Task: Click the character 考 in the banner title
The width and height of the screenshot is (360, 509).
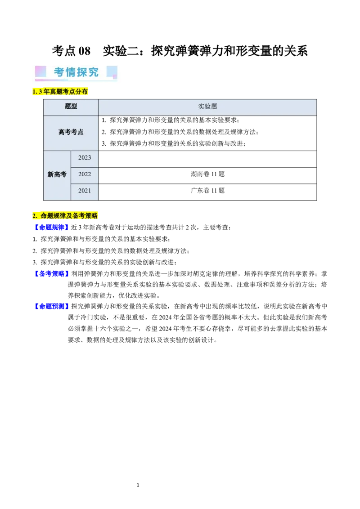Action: click(x=59, y=72)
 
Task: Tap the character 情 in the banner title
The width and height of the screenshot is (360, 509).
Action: click(x=71, y=72)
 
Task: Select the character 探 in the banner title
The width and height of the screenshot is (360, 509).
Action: click(x=82, y=72)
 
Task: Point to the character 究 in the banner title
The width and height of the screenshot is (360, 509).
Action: click(x=94, y=72)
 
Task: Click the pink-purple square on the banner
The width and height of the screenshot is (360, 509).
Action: click(x=40, y=71)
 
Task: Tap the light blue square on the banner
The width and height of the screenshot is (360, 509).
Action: click(x=112, y=72)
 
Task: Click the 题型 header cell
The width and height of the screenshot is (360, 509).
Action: click(x=71, y=107)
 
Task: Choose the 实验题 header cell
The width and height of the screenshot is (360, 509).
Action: click(x=207, y=107)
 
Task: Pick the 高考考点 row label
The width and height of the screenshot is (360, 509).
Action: click(x=71, y=133)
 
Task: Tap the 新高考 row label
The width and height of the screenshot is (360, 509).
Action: click(x=57, y=174)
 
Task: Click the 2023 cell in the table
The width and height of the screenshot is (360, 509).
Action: click(x=85, y=158)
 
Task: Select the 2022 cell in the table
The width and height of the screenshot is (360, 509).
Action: click(x=85, y=174)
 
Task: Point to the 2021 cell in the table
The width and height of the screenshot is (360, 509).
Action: click(x=85, y=191)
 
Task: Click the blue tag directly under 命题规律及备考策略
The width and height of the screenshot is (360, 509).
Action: click(x=51, y=228)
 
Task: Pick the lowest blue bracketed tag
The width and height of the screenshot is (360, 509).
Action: click(x=51, y=306)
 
